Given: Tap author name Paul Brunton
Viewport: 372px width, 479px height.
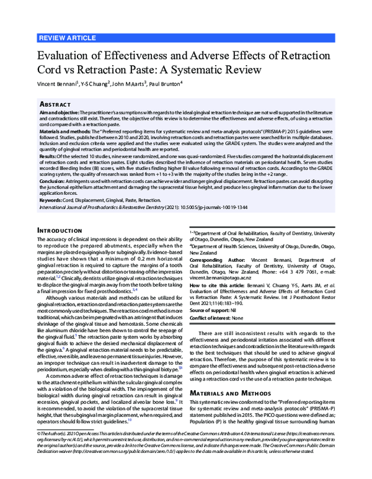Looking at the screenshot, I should pos(167,83).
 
